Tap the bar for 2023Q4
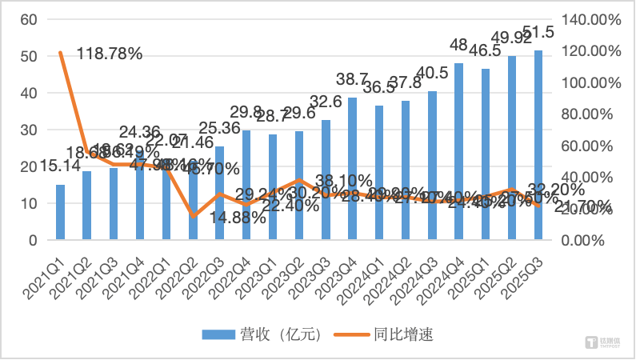(353, 169)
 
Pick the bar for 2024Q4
(459, 152)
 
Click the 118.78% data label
(110, 54)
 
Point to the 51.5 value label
(542, 33)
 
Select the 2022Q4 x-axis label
(234, 272)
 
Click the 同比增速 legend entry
(392, 335)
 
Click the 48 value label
(459, 45)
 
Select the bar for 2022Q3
(220, 193)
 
